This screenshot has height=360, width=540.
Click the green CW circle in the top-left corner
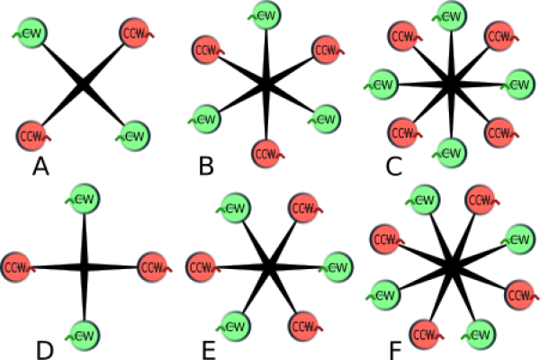tap(31, 33)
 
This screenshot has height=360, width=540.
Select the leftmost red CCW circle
tap(16, 267)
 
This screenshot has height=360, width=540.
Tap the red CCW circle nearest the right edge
tap(520, 294)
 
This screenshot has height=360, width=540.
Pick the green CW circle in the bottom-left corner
tap(83, 336)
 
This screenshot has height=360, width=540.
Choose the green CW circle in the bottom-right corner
tap(479, 335)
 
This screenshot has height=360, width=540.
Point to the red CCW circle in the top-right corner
tap(500, 36)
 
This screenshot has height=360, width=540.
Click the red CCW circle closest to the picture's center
tap(266, 154)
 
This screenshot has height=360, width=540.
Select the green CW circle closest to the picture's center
tap(234, 208)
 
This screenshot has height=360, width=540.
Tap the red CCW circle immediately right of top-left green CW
tap(135, 33)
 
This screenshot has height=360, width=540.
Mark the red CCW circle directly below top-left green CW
tap(32, 136)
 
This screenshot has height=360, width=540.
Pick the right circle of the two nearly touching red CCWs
tap(202, 267)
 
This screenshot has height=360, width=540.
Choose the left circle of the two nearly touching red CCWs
tap(153, 267)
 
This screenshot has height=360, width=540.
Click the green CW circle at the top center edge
tap(265, 15)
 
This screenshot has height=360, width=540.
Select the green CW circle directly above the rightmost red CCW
tap(518, 238)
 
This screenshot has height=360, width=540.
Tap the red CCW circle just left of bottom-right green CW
tap(426, 335)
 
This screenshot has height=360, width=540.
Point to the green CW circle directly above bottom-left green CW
tap(83, 199)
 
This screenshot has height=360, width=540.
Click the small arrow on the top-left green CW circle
tap(15, 35)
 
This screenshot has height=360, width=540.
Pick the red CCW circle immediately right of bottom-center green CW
tap(304, 326)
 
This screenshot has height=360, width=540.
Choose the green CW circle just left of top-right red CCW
tap(450, 15)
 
